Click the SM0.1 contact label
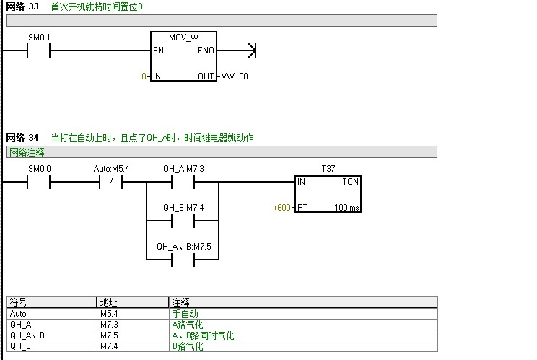click(x=39, y=37)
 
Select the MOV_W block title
click(x=183, y=37)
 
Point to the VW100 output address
click(x=234, y=76)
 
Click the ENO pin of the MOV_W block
click(x=206, y=51)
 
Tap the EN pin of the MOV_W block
click(x=159, y=51)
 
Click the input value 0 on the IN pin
click(x=144, y=76)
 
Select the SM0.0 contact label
click(x=39, y=169)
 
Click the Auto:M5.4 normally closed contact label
click(x=111, y=169)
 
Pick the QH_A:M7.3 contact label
click(x=183, y=169)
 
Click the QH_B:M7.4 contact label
click(x=183, y=208)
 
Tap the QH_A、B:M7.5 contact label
click(x=183, y=246)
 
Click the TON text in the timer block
click(x=350, y=183)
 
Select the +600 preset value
click(x=281, y=208)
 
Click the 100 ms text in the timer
click(x=346, y=208)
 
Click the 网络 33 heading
click(x=22, y=6)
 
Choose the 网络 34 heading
click(x=22, y=138)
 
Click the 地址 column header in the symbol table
click(x=108, y=302)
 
